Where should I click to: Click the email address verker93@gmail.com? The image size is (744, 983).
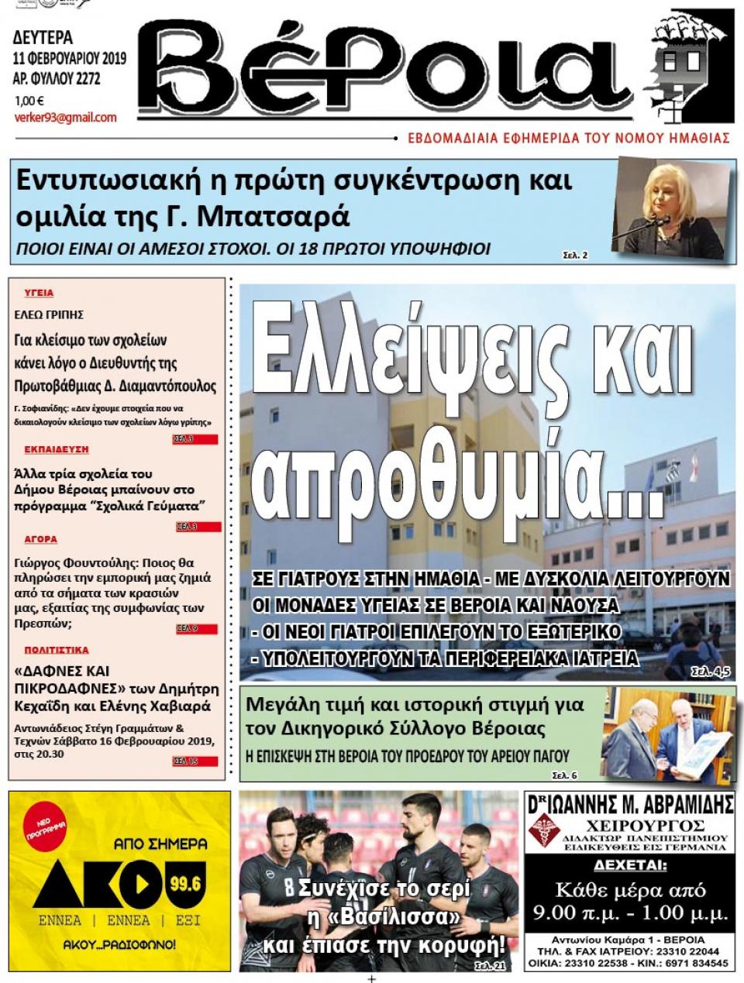tap(65, 118)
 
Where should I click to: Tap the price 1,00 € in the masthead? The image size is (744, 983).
tap(29, 100)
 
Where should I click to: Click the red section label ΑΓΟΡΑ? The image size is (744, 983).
tap(40, 539)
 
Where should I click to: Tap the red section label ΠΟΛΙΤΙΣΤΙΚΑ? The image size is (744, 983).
tap(56, 650)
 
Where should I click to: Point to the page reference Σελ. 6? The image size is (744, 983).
tap(564, 775)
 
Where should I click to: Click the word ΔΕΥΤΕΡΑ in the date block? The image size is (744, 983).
tap(43, 37)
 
